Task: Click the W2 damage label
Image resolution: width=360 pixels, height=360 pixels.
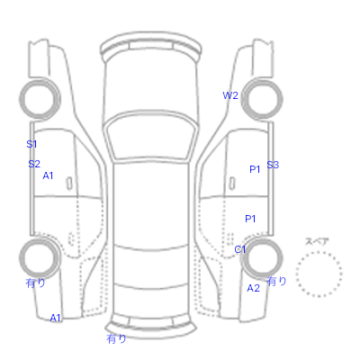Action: click(230, 95)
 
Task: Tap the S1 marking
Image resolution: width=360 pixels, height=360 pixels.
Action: click(31, 144)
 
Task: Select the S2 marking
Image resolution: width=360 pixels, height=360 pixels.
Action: click(34, 164)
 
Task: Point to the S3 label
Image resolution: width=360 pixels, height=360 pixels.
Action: click(273, 165)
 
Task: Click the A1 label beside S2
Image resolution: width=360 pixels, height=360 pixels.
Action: click(48, 175)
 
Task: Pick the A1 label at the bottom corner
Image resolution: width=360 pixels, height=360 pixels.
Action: click(55, 318)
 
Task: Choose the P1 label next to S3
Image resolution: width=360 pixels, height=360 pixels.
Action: click(255, 169)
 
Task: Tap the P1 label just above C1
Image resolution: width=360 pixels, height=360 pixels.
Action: click(250, 219)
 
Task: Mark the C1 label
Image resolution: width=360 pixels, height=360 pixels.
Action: click(240, 249)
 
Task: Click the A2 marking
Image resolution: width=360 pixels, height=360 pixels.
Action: click(253, 288)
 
